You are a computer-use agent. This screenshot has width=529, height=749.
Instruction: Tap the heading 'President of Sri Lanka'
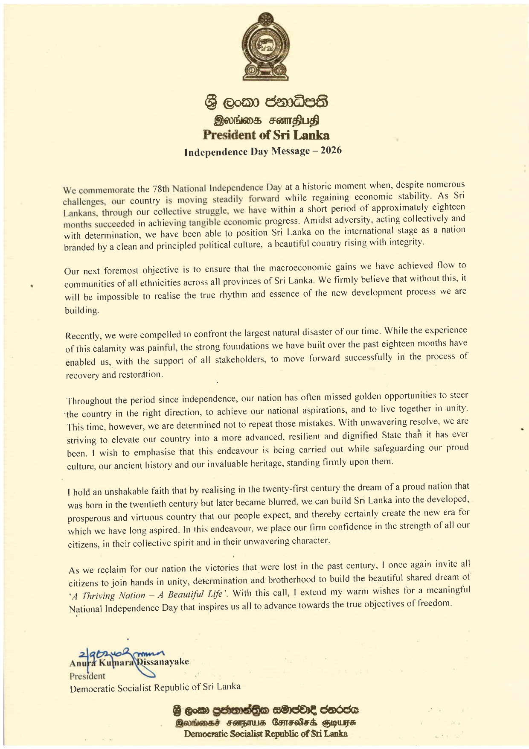[x=266, y=135]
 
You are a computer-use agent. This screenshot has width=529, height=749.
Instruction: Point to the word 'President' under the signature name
[x=87, y=676]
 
